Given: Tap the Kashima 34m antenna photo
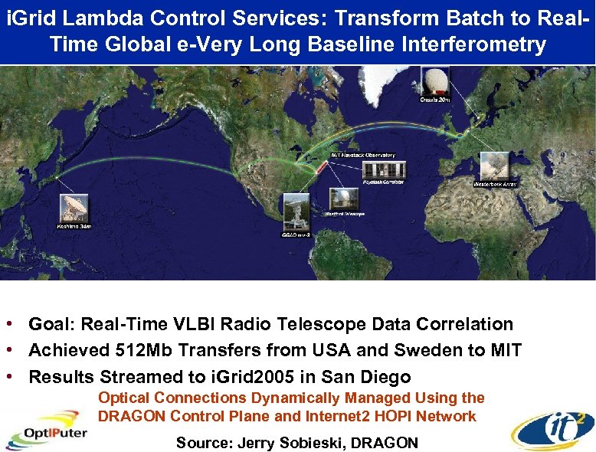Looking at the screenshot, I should tap(74, 208).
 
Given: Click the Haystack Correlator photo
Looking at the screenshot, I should tap(383, 170).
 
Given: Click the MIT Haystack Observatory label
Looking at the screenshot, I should tap(363, 155).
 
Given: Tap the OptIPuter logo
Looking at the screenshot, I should tap(47, 431).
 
